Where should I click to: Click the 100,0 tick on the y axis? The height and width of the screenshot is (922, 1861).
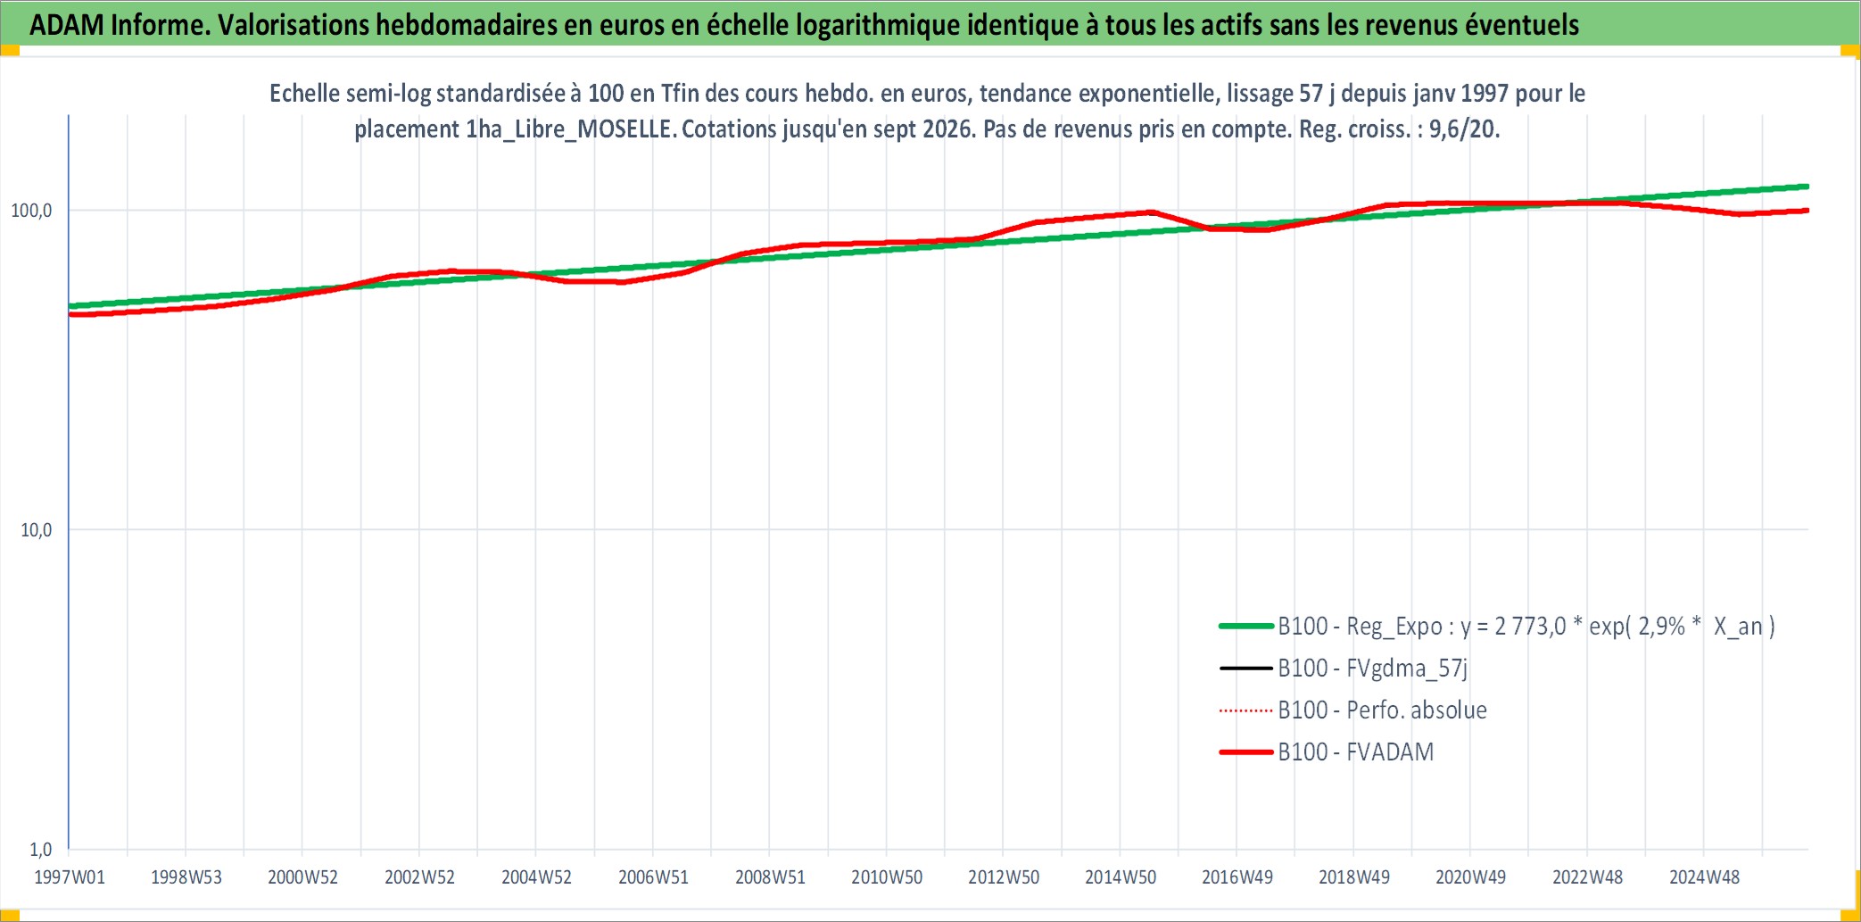coord(31,211)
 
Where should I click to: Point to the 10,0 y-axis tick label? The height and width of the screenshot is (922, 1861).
coord(37,530)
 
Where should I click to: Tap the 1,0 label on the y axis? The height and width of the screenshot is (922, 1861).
coord(41,850)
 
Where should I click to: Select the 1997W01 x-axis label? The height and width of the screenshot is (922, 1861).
coord(70,877)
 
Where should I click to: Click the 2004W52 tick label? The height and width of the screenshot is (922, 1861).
coord(536,877)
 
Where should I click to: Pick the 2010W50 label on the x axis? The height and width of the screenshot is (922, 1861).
coord(887,877)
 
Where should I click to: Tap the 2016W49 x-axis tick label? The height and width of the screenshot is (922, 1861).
coord(1237,877)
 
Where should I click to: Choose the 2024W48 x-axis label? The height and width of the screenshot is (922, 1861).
coord(1704,877)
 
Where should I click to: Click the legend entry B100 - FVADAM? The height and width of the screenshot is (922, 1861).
coord(1356,752)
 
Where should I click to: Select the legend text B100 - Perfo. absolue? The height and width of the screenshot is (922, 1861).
coord(1383,710)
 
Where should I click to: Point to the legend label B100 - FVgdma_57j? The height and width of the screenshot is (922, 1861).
coord(1373,669)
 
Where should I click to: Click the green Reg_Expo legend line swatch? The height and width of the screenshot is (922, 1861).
coord(1246,627)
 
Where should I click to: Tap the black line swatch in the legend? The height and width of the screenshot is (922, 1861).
coord(1246,669)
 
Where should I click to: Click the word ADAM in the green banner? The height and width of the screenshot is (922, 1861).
coord(67,25)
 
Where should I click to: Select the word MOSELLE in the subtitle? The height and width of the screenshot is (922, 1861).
coord(624,129)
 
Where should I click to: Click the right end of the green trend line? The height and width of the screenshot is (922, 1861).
coord(1807,187)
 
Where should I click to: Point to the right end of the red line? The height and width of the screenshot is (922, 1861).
coord(1807,211)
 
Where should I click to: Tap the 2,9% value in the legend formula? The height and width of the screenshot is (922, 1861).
coord(1661,627)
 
